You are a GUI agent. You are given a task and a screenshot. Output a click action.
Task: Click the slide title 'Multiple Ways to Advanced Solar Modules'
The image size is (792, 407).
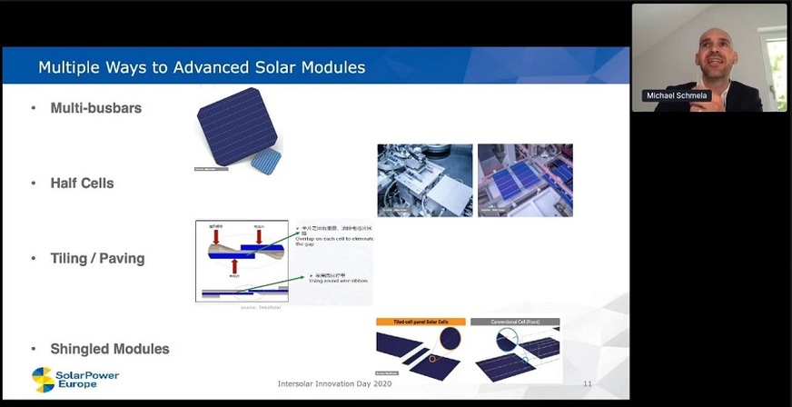201,68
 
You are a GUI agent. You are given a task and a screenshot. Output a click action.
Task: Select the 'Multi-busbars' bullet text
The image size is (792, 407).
95,109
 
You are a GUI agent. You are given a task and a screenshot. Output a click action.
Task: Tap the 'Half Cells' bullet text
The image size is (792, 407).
82,184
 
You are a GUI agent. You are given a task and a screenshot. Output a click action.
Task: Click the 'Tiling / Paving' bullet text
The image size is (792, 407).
97,259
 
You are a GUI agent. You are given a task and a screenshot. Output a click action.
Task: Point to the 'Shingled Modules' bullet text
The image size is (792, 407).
110,349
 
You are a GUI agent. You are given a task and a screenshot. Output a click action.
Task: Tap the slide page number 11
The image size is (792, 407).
587,384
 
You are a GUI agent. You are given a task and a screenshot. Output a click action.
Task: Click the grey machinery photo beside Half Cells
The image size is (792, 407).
424,180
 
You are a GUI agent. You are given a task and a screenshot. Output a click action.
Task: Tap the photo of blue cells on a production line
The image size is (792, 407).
525,180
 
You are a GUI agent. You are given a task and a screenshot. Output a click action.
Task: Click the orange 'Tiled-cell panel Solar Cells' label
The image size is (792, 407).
420,323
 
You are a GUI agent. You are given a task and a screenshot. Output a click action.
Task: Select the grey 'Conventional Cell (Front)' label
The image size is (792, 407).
514,323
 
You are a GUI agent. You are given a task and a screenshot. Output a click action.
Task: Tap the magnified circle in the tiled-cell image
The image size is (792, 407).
448,346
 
